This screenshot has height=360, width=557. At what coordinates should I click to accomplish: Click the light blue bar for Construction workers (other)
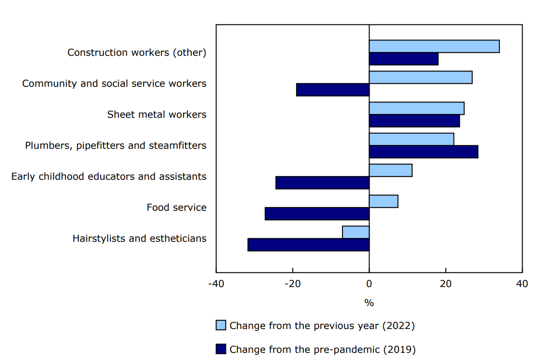coord(434,46)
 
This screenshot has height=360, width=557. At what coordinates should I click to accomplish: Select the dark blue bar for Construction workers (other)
coord(403,59)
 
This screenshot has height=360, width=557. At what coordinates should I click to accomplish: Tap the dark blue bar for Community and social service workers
coord(333,90)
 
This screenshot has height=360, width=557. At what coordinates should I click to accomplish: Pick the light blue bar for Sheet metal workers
coord(416,108)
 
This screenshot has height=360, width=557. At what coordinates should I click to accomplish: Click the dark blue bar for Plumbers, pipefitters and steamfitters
coord(423,152)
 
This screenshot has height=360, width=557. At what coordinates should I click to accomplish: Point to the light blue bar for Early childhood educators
coord(391,170)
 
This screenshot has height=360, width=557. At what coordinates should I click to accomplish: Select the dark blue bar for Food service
coord(317,214)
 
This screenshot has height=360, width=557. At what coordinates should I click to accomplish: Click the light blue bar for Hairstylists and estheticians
coord(356,232)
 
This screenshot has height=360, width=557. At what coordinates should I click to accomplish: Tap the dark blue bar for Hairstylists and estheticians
coord(309,245)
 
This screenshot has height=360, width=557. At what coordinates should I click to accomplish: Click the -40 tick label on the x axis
coord(216,284)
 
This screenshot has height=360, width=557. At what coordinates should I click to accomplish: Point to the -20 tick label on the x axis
coord(292,284)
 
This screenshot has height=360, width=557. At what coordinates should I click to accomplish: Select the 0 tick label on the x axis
coord(369,284)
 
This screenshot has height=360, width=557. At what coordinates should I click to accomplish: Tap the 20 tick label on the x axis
coord(445,284)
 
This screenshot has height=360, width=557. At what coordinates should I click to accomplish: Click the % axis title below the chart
coord(369,303)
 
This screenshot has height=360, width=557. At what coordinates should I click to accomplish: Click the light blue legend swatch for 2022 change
coord(221,325)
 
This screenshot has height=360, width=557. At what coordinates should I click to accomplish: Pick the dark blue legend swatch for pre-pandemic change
coord(221,349)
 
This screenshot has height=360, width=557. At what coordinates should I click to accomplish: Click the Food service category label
coord(176,207)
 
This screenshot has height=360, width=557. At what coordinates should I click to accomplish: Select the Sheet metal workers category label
coord(157,114)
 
